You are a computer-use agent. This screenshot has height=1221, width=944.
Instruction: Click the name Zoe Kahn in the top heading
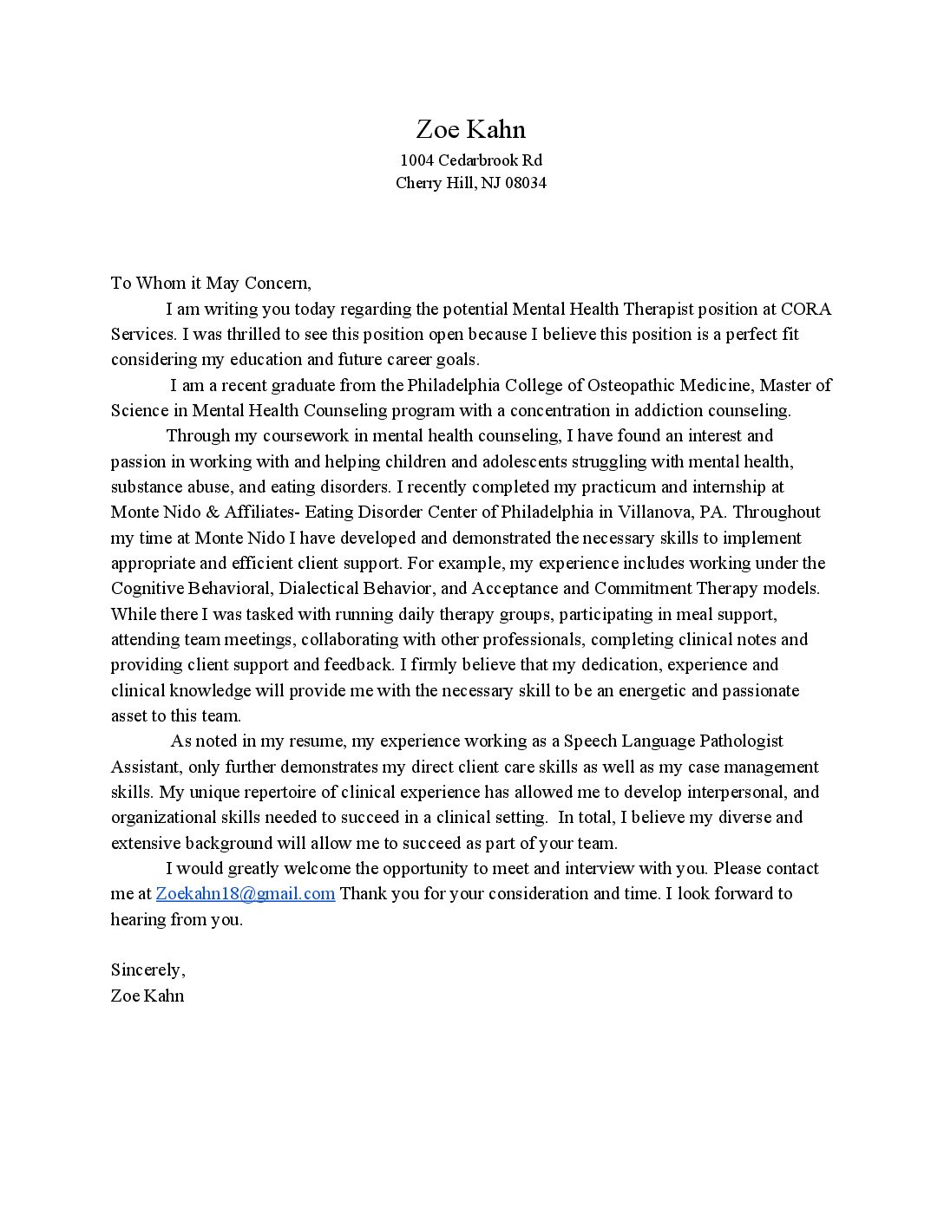471,130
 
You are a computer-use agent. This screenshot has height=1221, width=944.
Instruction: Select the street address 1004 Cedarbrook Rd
471,160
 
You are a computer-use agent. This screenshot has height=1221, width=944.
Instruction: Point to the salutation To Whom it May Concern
210,283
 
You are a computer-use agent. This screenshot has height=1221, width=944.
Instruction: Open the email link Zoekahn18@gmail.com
246,894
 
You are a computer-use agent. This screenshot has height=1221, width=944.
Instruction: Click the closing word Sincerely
147,970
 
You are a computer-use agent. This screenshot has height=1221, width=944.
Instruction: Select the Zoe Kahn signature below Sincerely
147,996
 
